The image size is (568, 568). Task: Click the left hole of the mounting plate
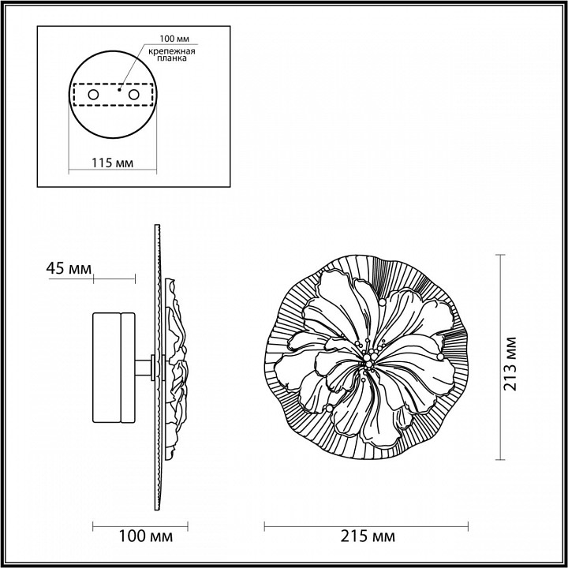pyautogui.click(x=93, y=95)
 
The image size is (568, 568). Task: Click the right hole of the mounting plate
pyautogui.click(x=133, y=95)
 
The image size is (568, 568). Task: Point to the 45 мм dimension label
pyautogui.click(x=66, y=268)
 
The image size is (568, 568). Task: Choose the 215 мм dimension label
pyautogui.click(x=368, y=537)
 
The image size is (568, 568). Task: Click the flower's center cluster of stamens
pyautogui.click(x=368, y=356)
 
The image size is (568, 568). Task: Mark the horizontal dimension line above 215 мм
pyautogui.click(x=368, y=525)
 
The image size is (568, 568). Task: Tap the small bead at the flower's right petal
pyautogui.click(x=439, y=356)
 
